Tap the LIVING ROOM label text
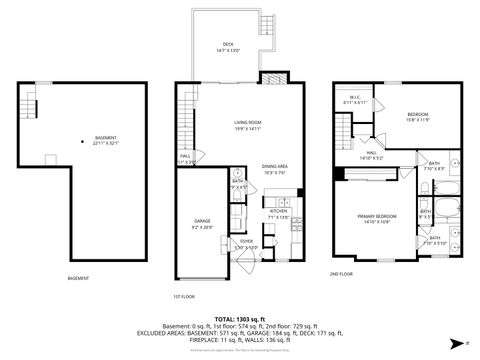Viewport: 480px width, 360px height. pos(235,124)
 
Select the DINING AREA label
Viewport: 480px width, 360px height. pos(276,168)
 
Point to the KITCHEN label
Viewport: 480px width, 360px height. pos(277,214)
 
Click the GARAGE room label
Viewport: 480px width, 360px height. pos(202,224)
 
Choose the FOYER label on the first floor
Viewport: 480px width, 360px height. pos(246,243)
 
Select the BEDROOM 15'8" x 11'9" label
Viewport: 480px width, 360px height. pos(419,118)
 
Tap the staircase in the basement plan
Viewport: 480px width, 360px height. pos(32,104)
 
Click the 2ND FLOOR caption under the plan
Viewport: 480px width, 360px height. pos(341,274)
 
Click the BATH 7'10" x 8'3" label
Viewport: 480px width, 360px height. pos(434,165)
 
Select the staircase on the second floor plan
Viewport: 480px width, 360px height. pos(343,130)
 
